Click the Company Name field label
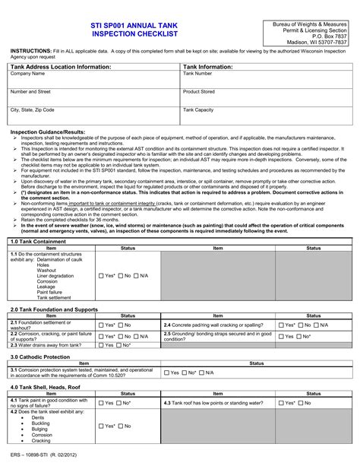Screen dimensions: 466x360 click(x=27, y=74)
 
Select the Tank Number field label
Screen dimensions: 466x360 click(x=198, y=74)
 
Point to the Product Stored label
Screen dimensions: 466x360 click(x=199, y=91)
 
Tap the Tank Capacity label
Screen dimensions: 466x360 click(x=198, y=109)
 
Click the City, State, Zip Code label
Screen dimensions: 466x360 click(x=33, y=109)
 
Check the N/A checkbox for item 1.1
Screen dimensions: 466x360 click(x=136, y=275)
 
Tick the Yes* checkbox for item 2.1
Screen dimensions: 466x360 click(x=101, y=325)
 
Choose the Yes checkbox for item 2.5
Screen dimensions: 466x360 click(x=281, y=335)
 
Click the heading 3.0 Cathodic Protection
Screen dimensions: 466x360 click(x=40, y=356)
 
